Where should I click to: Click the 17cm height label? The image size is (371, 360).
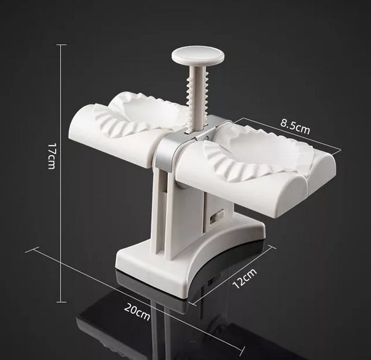click(x=51, y=156)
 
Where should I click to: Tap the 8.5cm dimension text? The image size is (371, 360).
click(x=295, y=127)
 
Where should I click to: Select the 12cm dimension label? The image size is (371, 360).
click(x=244, y=278)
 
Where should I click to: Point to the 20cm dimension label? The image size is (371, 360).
click(x=137, y=311)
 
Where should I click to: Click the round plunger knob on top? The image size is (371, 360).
click(x=198, y=56)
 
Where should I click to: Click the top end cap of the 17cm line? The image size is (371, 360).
click(x=61, y=45)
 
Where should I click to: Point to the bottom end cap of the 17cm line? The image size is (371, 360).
click(x=61, y=302)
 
